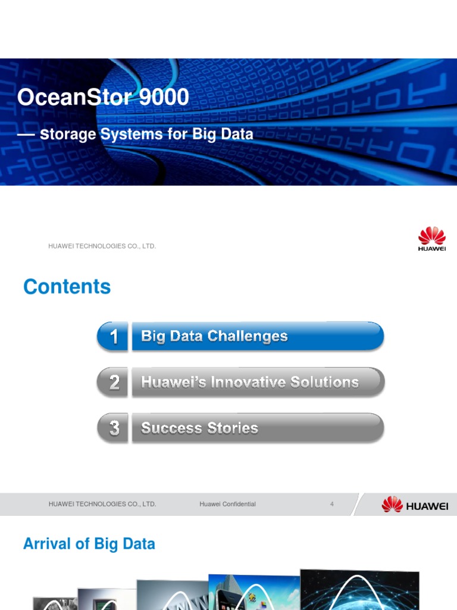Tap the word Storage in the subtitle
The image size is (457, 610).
point(68,135)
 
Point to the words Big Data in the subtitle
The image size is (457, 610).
point(223,135)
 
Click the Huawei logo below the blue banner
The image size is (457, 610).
point(432,239)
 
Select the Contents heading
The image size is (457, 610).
point(67,287)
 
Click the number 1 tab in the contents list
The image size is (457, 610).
point(113,337)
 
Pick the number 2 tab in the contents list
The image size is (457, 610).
point(113,382)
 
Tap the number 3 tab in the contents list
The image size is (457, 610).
point(113,428)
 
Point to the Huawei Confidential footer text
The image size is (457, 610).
point(228,504)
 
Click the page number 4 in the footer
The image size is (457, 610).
point(332,504)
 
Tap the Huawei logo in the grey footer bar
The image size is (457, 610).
point(415,505)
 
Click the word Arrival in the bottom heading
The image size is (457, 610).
point(48,544)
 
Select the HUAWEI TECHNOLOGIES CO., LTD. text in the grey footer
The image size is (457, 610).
point(102,504)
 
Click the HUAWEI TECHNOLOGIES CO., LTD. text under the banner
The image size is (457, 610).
point(102,246)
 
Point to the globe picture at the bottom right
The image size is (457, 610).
point(359,590)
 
